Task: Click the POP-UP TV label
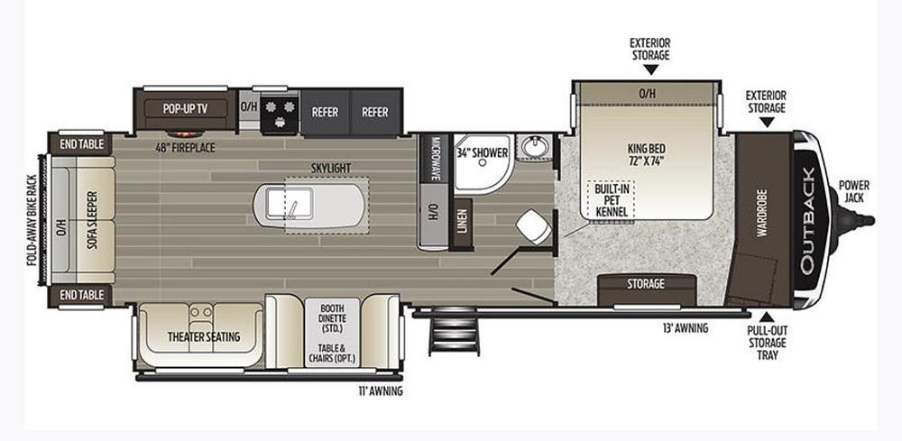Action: pyautogui.click(x=185, y=108)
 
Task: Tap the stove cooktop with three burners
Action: pyautogui.click(x=279, y=112)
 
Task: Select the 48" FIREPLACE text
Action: pyautogui.click(x=185, y=148)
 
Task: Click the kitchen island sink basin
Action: pyautogui.click(x=289, y=204)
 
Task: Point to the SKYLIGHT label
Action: pyautogui.click(x=331, y=168)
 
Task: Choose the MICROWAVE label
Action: pyautogui.click(x=435, y=159)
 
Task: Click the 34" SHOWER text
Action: pyautogui.click(x=482, y=153)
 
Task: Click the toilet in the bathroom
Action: pyautogui.click(x=534, y=226)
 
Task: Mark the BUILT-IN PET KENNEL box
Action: pyautogui.click(x=610, y=201)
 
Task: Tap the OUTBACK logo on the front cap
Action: pyautogui.click(x=807, y=220)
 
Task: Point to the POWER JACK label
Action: pyautogui.click(x=853, y=191)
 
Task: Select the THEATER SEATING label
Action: pyautogui.click(x=204, y=337)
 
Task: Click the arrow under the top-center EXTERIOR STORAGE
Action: pyautogui.click(x=650, y=69)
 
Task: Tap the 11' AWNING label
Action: pyautogui.click(x=380, y=391)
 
